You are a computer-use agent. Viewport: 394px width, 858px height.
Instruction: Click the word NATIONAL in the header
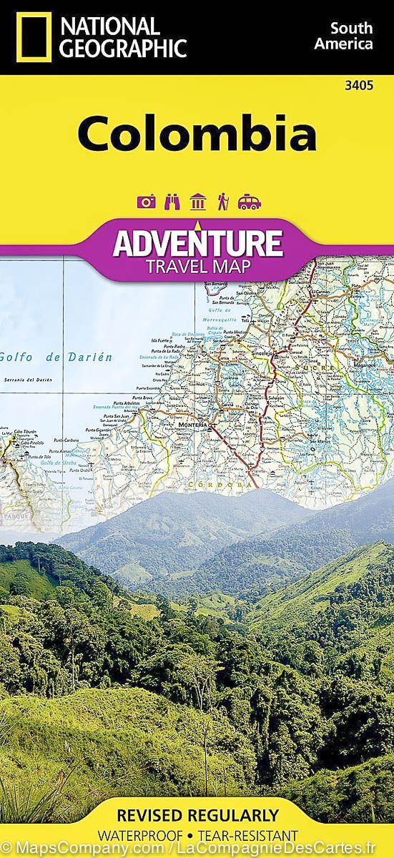(x=109, y=26)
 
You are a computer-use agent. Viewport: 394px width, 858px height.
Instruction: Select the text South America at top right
(x=350, y=36)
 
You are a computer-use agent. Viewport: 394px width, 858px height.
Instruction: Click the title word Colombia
(x=197, y=134)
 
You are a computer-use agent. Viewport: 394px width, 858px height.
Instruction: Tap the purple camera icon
(x=147, y=202)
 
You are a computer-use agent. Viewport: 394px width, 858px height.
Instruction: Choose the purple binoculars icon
(x=172, y=202)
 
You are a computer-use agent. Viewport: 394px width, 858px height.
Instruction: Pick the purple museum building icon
(x=198, y=202)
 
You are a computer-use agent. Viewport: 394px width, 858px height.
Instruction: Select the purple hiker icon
(x=223, y=202)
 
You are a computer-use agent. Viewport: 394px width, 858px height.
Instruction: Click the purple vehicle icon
(x=250, y=202)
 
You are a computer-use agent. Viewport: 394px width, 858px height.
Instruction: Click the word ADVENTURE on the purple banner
(x=197, y=243)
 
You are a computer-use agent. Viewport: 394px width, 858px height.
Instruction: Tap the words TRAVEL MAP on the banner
(x=197, y=267)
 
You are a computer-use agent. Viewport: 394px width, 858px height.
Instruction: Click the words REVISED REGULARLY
(x=197, y=815)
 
